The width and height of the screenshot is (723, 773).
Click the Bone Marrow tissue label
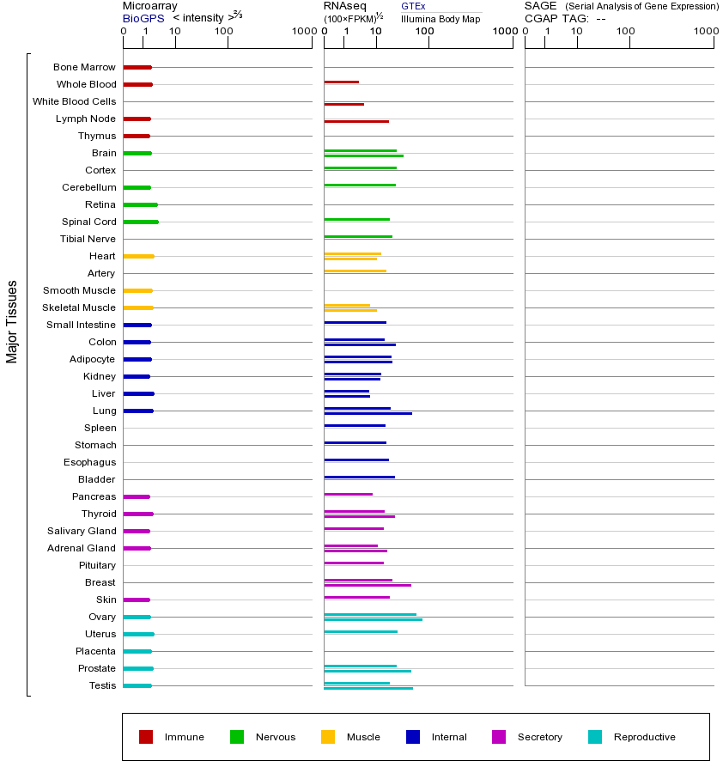[x=84, y=67]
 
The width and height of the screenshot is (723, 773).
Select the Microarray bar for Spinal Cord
[x=141, y=222]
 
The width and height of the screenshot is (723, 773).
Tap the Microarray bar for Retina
[x=140, y=204]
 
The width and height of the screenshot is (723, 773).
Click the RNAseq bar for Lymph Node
[x=356, y=121]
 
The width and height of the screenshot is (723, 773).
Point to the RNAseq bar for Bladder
[x=359, y=477]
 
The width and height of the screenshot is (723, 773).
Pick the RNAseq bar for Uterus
[x=361, y=631]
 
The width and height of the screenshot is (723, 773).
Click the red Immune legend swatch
[x=146, y=737]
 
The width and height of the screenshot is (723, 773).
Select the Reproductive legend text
[x=644, y=737]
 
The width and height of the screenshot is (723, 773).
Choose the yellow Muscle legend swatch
[x=328, y=737]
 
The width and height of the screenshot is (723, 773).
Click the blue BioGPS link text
[x=143, y=18]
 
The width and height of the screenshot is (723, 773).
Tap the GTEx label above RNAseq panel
[x=413, y=6]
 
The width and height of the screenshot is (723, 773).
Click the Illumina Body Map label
[x=440, y=19]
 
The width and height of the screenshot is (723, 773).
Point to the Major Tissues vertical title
[x=12, y=321]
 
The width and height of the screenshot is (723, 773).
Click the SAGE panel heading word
[x=540, y=6]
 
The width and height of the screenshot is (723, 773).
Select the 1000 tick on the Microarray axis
[x=302, y=32]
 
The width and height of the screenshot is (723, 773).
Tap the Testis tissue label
[x=102, y=685]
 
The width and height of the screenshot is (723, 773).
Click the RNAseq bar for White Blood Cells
[x=343, y=104]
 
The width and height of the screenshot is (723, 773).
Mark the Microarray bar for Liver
[x=138, y=393]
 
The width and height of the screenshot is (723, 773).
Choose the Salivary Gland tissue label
[x=82, y=531]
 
